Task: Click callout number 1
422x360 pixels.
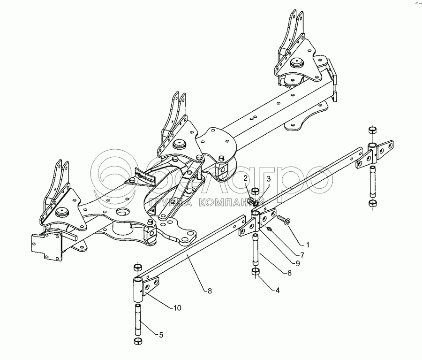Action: [308, 245]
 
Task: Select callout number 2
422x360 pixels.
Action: [246, 178]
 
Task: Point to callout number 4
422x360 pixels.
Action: [278, 290]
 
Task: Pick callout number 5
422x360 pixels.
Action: [161, 335]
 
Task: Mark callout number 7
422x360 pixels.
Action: [302, 255]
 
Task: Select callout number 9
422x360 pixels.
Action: [298, 265]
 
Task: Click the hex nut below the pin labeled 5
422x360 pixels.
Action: [138, 341]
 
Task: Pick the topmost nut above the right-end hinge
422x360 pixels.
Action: [372, 129]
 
